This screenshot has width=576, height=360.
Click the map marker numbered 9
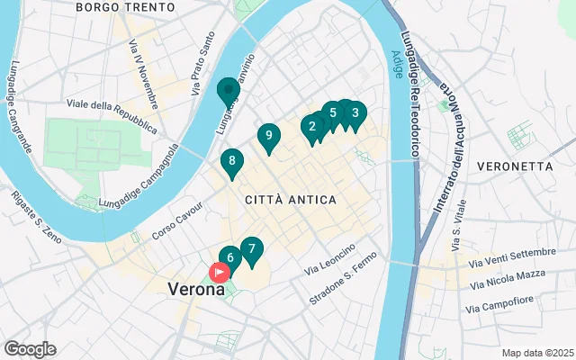[x=267, y=136]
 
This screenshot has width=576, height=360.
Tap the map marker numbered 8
[x=232, y=162]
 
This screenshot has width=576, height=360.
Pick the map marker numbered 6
[x=229, y=257]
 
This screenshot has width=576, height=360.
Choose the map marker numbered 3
[x=355, y=113]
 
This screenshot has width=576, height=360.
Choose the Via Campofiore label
[x=500, y=304]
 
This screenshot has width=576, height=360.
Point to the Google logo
[x=30, y=349]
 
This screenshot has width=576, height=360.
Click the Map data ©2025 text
[x=537, y=353]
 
